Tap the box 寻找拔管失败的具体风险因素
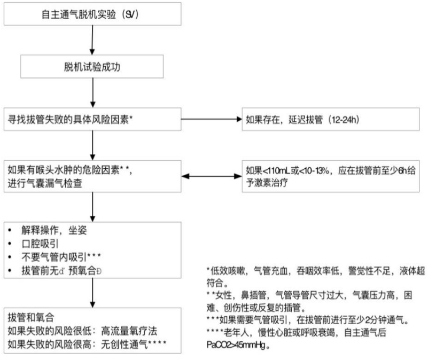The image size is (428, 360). pyautogui.click(x=93, y=118)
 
